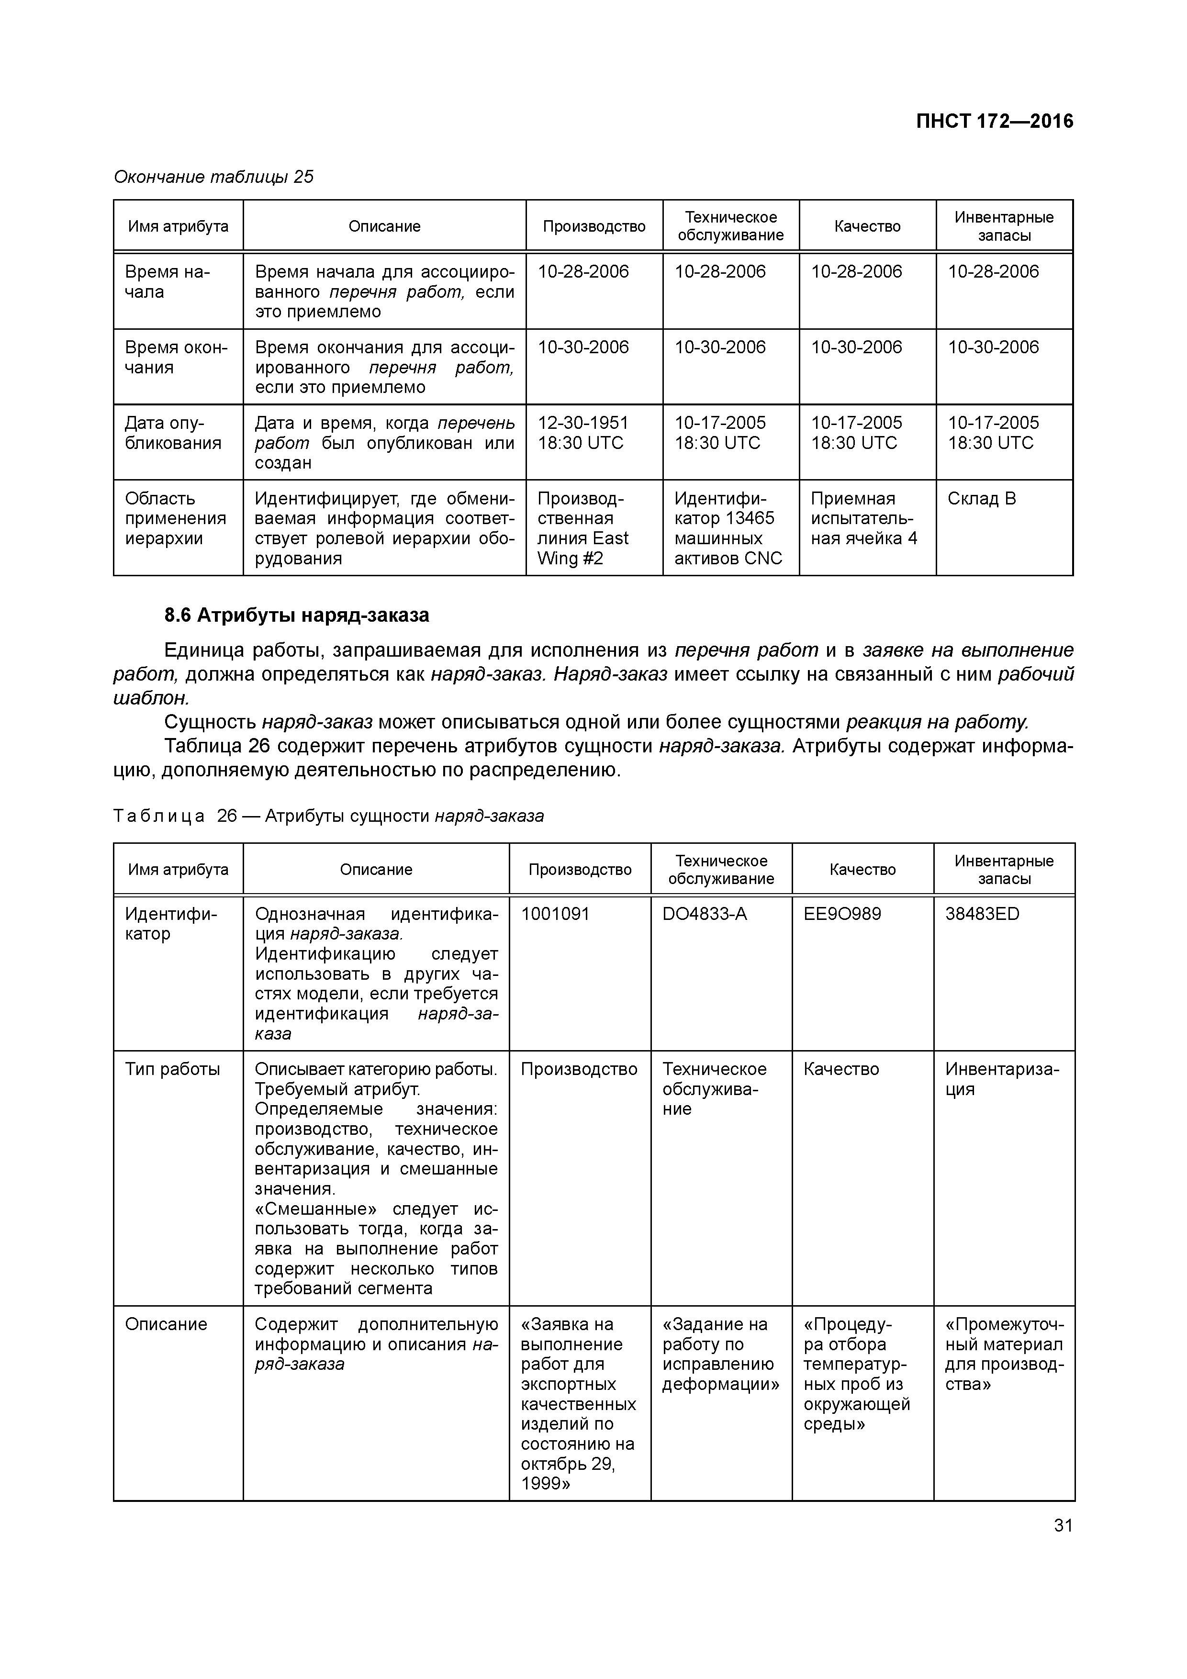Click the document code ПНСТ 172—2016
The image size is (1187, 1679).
click(x=994, y=122)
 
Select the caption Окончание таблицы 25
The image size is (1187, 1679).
click(x=213, y=177)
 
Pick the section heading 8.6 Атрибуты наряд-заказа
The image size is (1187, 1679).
click(x=296, y=616)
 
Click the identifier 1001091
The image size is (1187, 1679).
click(x=555, y=914)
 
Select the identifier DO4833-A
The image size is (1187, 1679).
click(x=704, y=914)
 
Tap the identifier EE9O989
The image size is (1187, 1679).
click(x=842, y=914)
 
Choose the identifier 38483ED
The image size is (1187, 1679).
click(x=982, y=914)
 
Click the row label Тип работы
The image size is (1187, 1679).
click(x=173, y=1069)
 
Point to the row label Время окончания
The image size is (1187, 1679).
click(x=176, y=357)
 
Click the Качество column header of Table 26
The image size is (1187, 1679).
click(x=862, y=870)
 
